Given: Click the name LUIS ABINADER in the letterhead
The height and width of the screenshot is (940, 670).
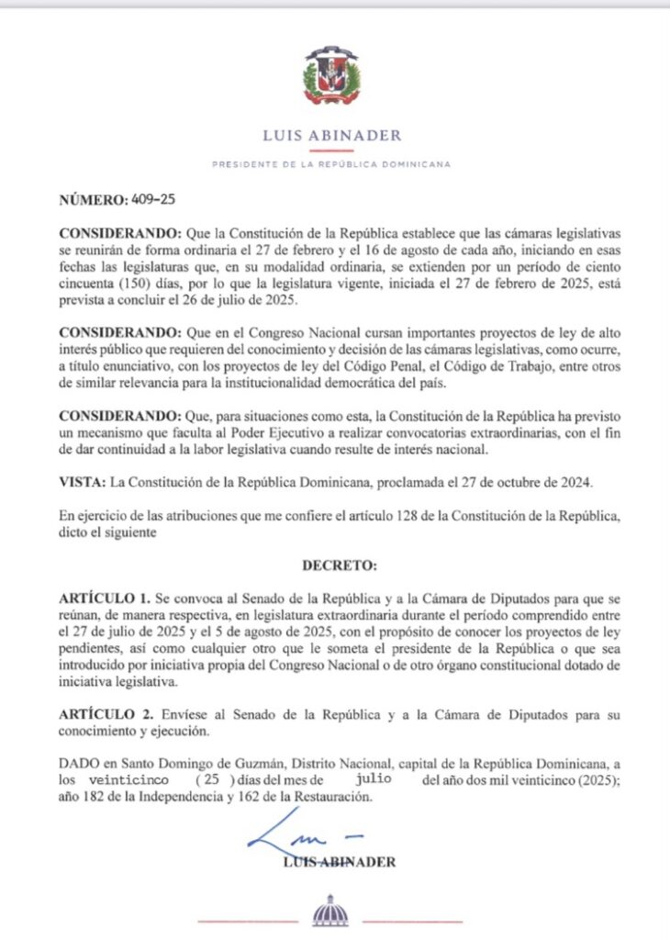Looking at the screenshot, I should [331, 136].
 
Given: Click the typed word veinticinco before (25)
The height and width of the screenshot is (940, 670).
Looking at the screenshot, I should [126, 778].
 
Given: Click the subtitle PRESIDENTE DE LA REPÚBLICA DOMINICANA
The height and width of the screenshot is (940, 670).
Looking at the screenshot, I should [331, 164].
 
